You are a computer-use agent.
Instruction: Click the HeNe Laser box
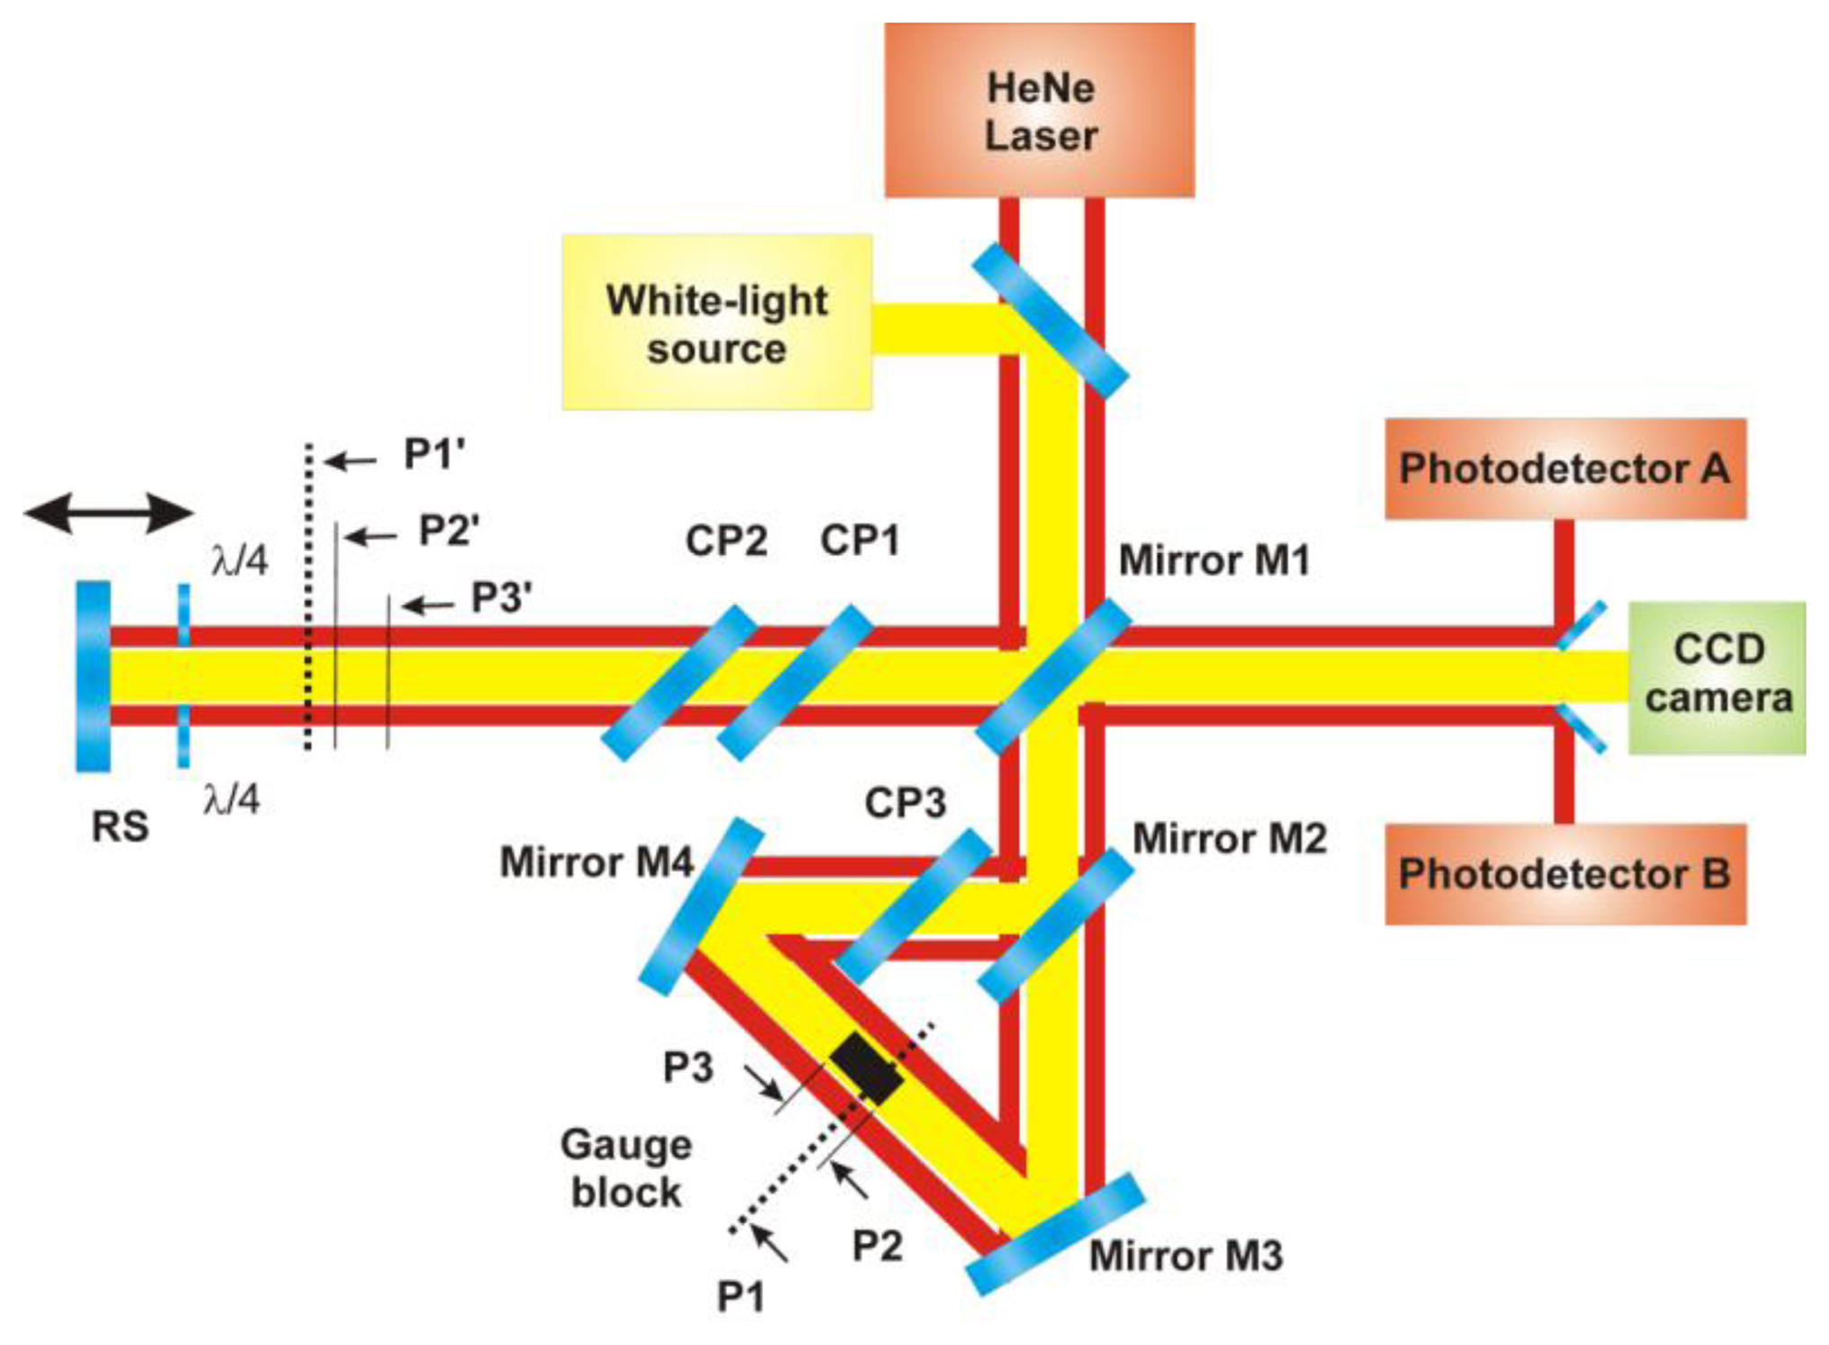[x=1039, y=110]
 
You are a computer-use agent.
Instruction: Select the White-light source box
[x=717, y=323]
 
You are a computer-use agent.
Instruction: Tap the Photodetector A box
[x=1564, y=468]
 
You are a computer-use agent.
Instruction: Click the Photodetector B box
[x=1564, y=874]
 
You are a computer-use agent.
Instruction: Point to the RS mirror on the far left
[x=93, y=676]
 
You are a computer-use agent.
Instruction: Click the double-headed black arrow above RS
[x=108, y=513]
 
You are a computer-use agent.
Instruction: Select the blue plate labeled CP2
[x=679, y=682]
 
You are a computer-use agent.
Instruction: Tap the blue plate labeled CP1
[x=795, y=682]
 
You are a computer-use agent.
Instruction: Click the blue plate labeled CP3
[x=912, y=905]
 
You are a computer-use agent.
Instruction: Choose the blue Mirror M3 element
[x=1055, y=1234]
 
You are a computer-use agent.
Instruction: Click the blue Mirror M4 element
[x=701, y=905]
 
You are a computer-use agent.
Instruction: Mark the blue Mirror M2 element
[x=1055, y=925]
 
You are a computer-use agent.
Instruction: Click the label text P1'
[x=434, y=454]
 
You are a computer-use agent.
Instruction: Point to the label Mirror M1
[x=1214, y=560]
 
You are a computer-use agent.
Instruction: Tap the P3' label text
[x=502, y=597]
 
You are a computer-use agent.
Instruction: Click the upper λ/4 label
[x=240, y=560]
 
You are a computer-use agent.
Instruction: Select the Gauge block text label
[x=626, y=1168]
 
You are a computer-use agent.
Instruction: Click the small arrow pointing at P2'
[x=371, y=537]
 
